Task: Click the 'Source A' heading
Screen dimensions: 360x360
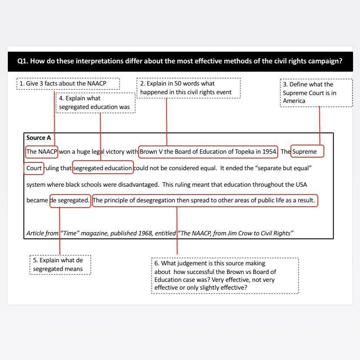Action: [39, 138]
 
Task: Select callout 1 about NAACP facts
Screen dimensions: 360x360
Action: [68, 83]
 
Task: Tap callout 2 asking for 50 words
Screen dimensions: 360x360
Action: [189, 88]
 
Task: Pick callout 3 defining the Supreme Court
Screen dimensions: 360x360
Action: [316, 92]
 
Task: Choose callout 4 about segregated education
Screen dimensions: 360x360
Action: [96, 102]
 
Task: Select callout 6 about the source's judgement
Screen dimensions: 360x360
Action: [225, 275]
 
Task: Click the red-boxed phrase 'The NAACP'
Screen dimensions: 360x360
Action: [42, 152]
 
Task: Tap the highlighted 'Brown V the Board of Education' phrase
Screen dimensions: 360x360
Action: [208, 152]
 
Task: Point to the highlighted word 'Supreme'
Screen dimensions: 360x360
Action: [307, 152]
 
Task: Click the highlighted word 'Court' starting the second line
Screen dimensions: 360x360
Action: [34, 168]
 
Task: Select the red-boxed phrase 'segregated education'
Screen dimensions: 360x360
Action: [103, 168]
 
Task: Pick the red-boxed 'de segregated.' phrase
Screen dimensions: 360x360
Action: [70, 201]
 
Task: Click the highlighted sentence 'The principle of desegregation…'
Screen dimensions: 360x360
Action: [205, 201]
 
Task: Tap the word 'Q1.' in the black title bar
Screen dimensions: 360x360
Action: [23, 61]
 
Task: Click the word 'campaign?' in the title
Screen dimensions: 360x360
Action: [325, 61]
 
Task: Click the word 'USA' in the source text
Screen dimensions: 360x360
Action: [301, 185]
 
